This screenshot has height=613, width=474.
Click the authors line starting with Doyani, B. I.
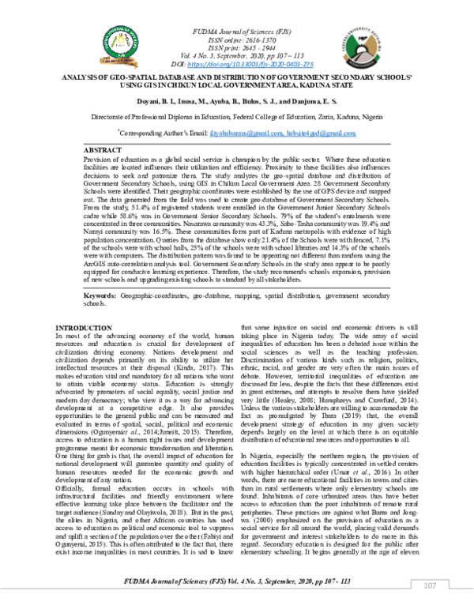click(236, 100)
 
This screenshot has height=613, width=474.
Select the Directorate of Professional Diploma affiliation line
click(237, 116)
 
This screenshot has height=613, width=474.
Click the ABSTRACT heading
click(103, 149)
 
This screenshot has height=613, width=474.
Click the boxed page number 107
click(431, 585)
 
